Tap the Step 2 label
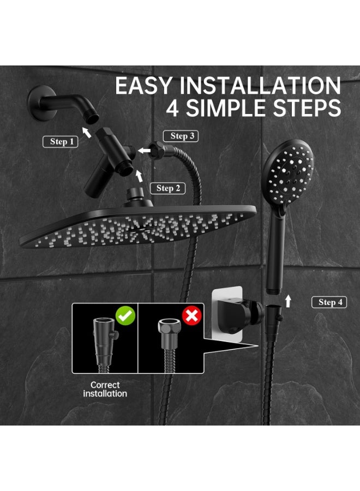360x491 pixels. click(x=167, y=188)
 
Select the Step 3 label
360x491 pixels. click(x=182, y=136)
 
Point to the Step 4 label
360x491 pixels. click(x=329, y=302)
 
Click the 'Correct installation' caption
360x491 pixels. click(x=105, y=389)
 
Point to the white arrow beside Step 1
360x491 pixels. click(x=86, y=131)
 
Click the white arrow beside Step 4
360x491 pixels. click(x=288, y=301)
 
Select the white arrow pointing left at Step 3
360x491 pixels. click(x=145, y=150)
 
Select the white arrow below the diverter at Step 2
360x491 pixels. click(x=140, y=176)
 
